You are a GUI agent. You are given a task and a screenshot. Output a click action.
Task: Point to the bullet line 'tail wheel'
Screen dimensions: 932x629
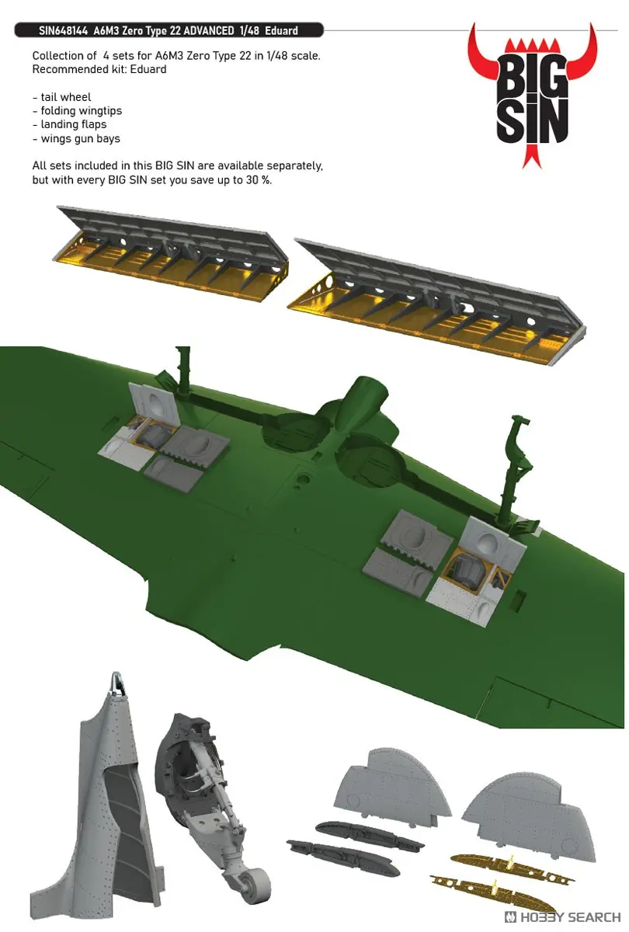tap(63, 97)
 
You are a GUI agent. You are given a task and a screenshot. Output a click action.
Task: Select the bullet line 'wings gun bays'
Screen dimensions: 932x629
tap(78, 138)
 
